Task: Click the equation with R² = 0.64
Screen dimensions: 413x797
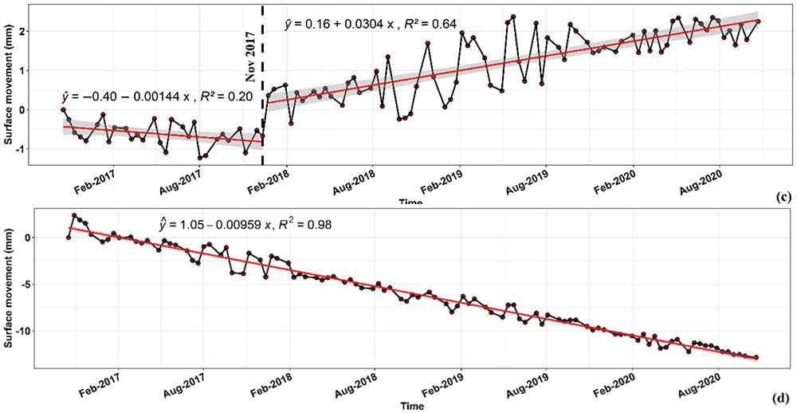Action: tap(371, 25)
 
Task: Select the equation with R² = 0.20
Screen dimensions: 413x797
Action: tap(156, 96)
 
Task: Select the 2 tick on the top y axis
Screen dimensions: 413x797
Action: tap(46, 32)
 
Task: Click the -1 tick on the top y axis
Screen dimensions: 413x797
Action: tap(45, 149)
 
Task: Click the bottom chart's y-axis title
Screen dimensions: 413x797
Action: tap(10, 285)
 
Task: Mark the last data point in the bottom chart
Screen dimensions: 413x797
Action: tap(756, 358)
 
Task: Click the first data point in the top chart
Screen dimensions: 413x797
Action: tap(64, 110)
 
